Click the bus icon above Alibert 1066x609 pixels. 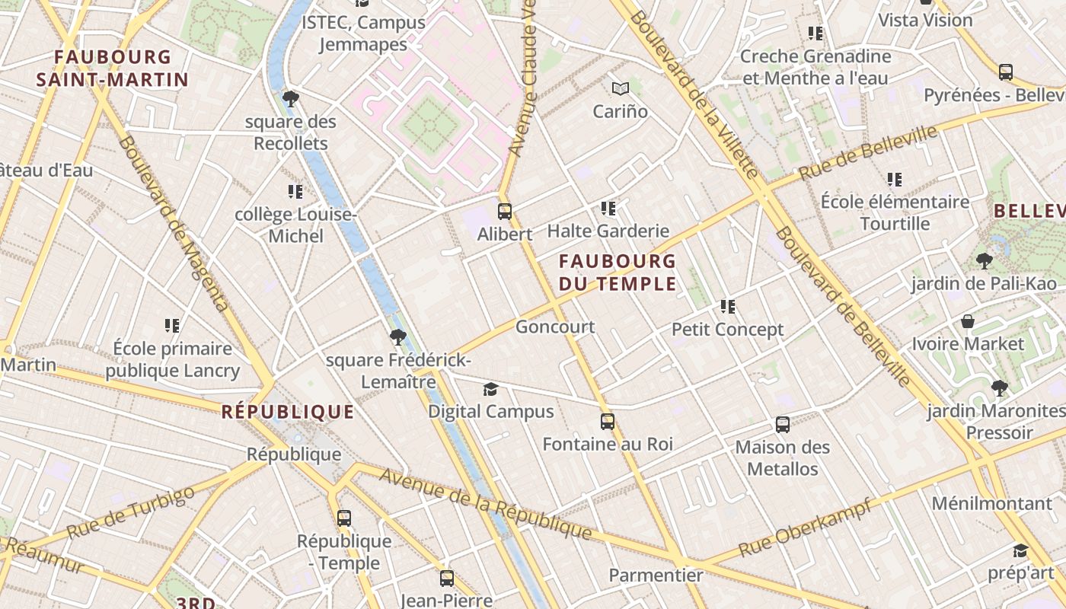pos(504,211)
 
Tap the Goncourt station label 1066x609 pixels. pos(555,327)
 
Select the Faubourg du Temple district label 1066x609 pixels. pos(618,273)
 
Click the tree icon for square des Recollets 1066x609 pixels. pos(290,98)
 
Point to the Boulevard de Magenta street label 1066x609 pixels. pos(174,224)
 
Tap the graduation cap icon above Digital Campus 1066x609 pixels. pos(490,390)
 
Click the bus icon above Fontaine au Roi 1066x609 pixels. pos(607,421)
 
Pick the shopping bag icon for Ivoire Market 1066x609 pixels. pos(968,321)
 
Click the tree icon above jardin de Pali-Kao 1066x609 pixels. pos(985,261)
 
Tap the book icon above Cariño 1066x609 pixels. pos(621,88)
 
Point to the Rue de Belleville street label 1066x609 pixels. pos(868,153)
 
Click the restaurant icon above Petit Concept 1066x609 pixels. pos(728,307)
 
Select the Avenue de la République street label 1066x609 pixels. pos(485,503)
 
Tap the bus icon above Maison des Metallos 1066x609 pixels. pos(782,424)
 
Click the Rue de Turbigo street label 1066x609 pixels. pos(130,512)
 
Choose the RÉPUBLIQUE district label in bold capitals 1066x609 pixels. pos(288,413)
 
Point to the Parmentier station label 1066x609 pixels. pos(656,575)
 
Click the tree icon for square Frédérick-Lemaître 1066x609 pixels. pos(397,337)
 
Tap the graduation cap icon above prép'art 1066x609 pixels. pos(1020,550)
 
